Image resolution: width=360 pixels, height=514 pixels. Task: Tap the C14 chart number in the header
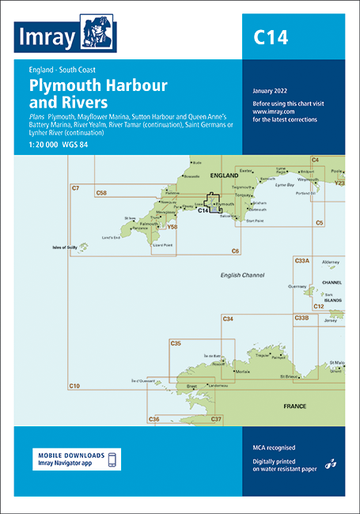click(271, 36)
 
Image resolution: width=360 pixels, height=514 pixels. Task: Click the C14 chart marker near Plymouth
click(203, 210)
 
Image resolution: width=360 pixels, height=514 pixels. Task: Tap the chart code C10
click(75, 385)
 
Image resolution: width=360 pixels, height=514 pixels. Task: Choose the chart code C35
click(176, 343)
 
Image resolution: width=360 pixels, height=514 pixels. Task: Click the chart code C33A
click(301, 260)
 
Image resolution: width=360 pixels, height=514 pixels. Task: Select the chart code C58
click(101, 192)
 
